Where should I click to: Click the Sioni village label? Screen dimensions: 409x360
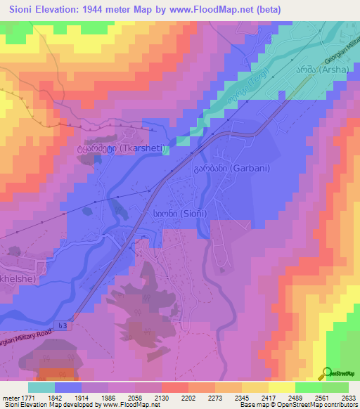(x=172, y=212)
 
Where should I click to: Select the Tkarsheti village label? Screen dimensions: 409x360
(x=108, y=149)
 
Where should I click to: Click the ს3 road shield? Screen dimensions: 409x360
(x=64, y=325)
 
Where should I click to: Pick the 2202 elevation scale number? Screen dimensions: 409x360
(x=188, y=399)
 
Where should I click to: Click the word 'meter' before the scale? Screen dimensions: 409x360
(x=9, y=399)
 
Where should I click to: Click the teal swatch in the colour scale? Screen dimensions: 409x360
(x=41, y=387)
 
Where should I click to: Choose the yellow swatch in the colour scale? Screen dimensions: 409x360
(x=281, y=387)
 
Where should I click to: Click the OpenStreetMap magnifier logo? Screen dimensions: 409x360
(x=327, y=373)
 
